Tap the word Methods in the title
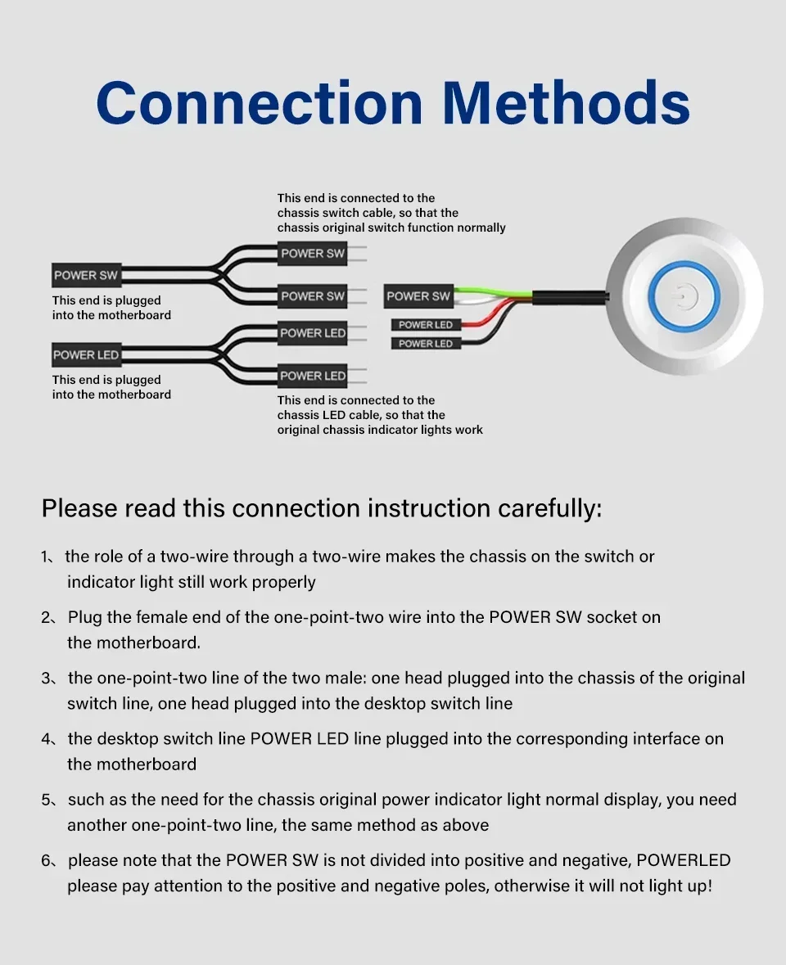tap(566, 103)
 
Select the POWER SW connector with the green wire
tap(418, 296)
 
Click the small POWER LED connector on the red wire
tap(425, 325)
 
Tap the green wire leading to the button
tap(491, 289)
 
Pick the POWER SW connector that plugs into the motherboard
tap(86, 276)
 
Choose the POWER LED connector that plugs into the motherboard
tap(86, 355)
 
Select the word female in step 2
tap(152, 617)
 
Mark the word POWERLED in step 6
tap(684, 860)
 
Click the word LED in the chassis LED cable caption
tap(336, 415)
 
